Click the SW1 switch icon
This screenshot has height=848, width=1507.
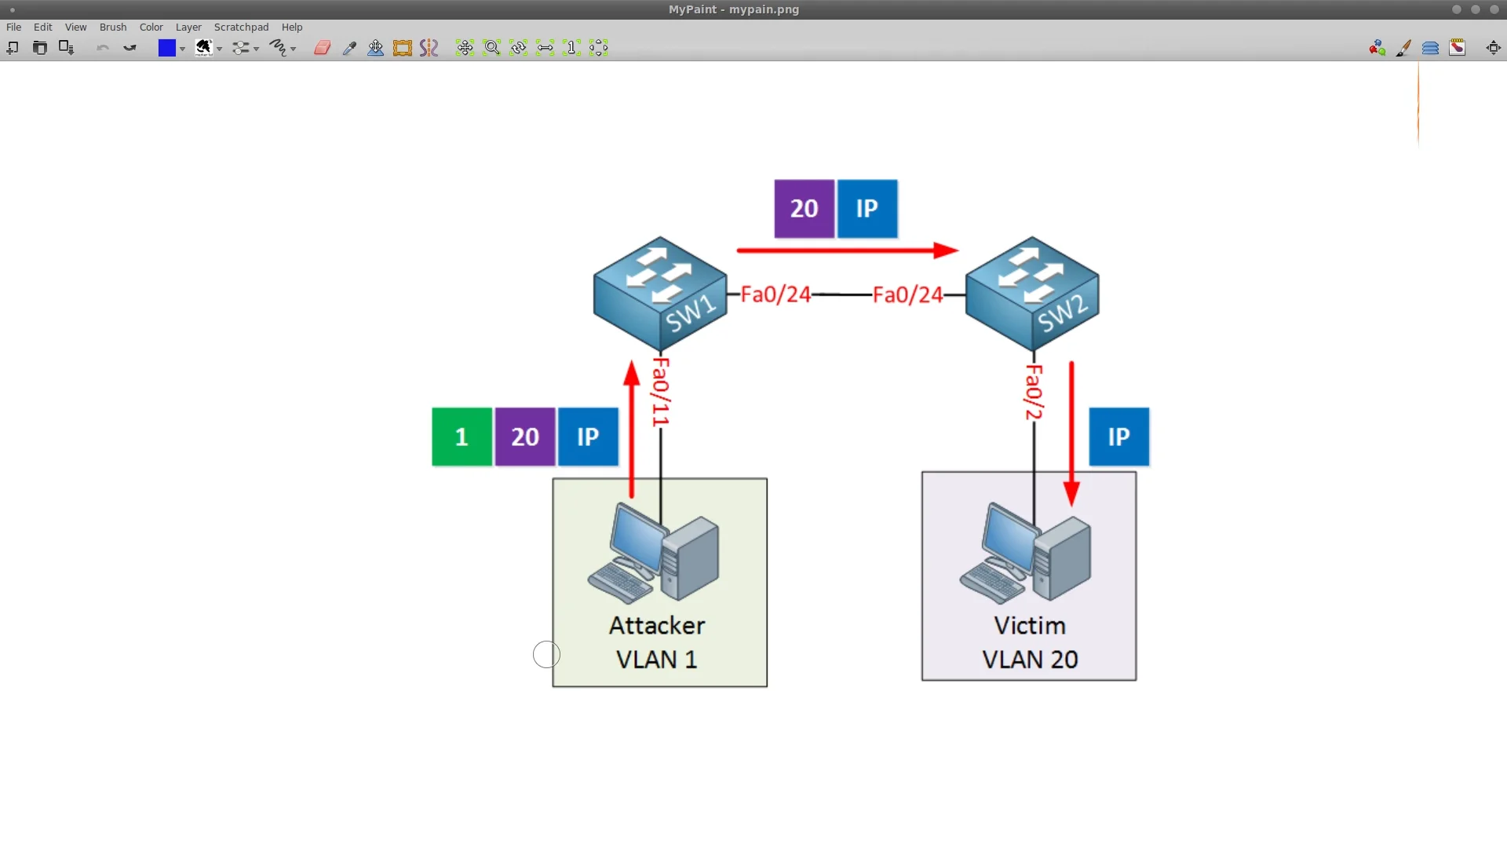660,294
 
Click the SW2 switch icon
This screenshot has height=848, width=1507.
1031,294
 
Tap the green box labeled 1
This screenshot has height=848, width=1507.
462,437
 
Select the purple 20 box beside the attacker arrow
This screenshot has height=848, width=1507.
525,437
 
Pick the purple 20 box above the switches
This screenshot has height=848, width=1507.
804,209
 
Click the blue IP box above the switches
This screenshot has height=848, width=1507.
867,209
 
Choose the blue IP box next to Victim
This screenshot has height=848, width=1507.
1118,437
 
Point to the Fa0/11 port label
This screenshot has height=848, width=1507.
661,392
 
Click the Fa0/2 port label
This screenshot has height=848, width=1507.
1034,392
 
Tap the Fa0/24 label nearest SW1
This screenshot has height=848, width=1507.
775,294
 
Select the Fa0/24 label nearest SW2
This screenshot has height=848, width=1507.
907,294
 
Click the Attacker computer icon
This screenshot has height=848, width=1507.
653,554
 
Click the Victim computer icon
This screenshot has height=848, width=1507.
1025,554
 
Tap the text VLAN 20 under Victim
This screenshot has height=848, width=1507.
1030,660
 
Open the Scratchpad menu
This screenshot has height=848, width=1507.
241,27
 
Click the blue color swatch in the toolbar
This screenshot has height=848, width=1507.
166,48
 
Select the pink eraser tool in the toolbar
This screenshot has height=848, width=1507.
322,48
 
